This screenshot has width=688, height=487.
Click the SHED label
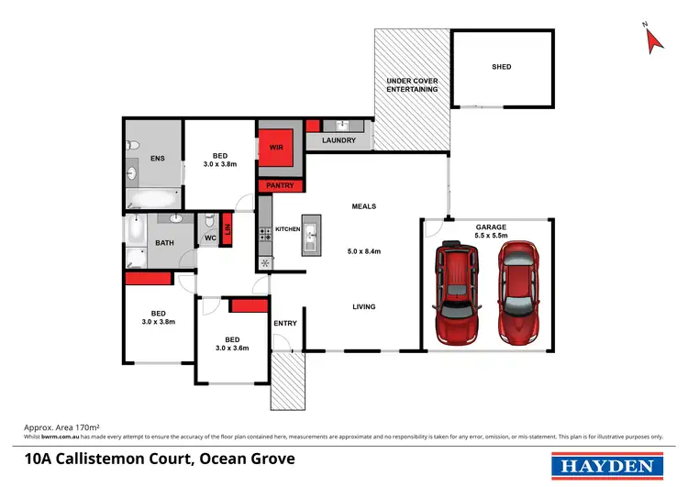tap(501, 67)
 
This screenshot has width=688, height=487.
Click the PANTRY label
tap(280, 186)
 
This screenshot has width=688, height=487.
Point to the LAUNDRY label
tap(338, 141)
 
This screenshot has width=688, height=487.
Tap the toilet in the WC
tap(209, 223)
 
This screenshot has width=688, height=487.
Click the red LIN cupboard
tap(227, 229)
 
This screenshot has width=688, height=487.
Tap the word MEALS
tap(364, 206)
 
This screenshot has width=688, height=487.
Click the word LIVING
tap(364, 306)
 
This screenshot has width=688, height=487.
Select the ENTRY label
tap(285, 323)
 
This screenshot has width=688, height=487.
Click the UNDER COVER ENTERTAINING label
tap(412, 86)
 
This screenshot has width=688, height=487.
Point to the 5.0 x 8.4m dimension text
tap(364, 251)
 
